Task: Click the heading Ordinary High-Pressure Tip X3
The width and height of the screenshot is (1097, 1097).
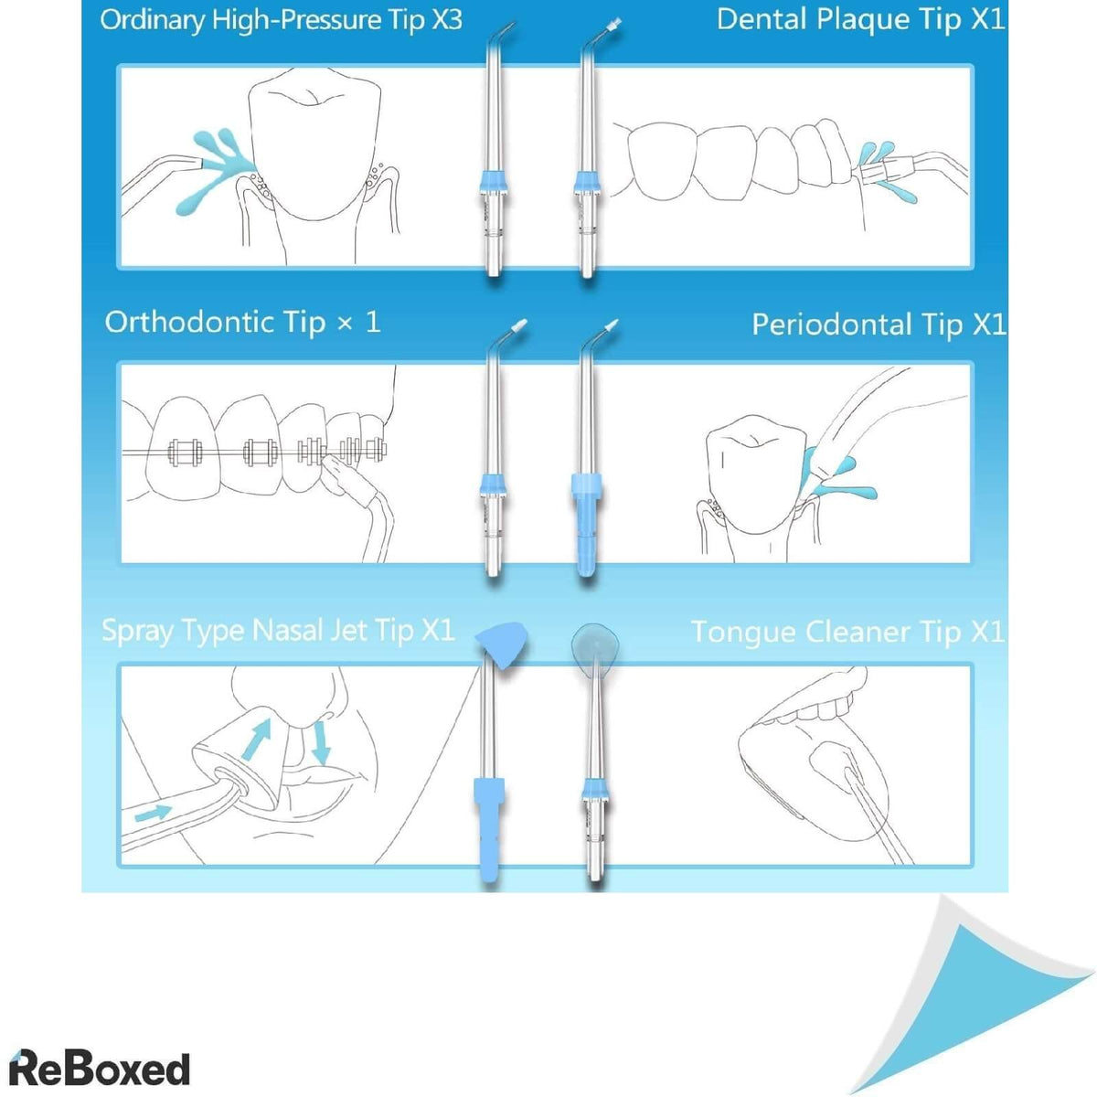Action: tap(281, 20)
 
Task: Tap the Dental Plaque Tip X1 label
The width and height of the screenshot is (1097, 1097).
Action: tap(859, 20)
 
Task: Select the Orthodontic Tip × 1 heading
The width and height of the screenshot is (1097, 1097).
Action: tap(242, 322)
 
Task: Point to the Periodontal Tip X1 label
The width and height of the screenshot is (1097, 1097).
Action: tap(878, 325)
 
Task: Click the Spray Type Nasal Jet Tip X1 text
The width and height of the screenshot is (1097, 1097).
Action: tap(277, 631)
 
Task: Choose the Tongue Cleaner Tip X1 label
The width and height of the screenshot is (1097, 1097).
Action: tap(847, 632)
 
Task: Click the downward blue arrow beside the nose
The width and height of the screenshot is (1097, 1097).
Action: tap(320, 742)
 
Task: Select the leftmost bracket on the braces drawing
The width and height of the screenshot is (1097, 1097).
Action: tap(185, 451)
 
